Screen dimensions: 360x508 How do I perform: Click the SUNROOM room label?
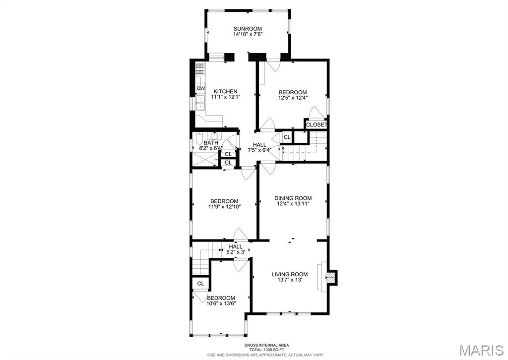248,29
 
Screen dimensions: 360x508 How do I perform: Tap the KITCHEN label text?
225,91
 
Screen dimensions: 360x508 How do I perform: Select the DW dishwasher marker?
201,88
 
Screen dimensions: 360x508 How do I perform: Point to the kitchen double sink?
201,103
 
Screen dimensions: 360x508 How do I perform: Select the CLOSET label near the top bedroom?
316,125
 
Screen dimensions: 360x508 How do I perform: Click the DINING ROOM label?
293,198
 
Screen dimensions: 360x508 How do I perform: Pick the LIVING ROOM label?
289,274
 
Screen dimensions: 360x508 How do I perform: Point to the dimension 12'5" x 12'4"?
293,98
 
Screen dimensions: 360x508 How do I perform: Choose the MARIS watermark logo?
480,349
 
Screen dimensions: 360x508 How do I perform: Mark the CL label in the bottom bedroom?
200,284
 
